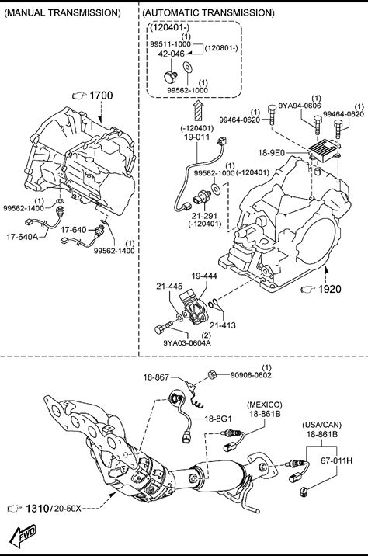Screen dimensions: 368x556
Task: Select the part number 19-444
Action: (204, 276)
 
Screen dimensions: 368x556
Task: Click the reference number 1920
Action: (330, 289)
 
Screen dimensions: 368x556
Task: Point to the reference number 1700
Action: (101, 96)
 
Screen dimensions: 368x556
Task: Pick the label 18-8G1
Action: (217, 419)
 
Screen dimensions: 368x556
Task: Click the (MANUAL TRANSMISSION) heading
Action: (62, 12)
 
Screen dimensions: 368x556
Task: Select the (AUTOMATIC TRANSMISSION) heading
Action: (208, 12)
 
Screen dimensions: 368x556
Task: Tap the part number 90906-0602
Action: (251, 375)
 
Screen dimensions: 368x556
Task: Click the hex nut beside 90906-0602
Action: (211, 374)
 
